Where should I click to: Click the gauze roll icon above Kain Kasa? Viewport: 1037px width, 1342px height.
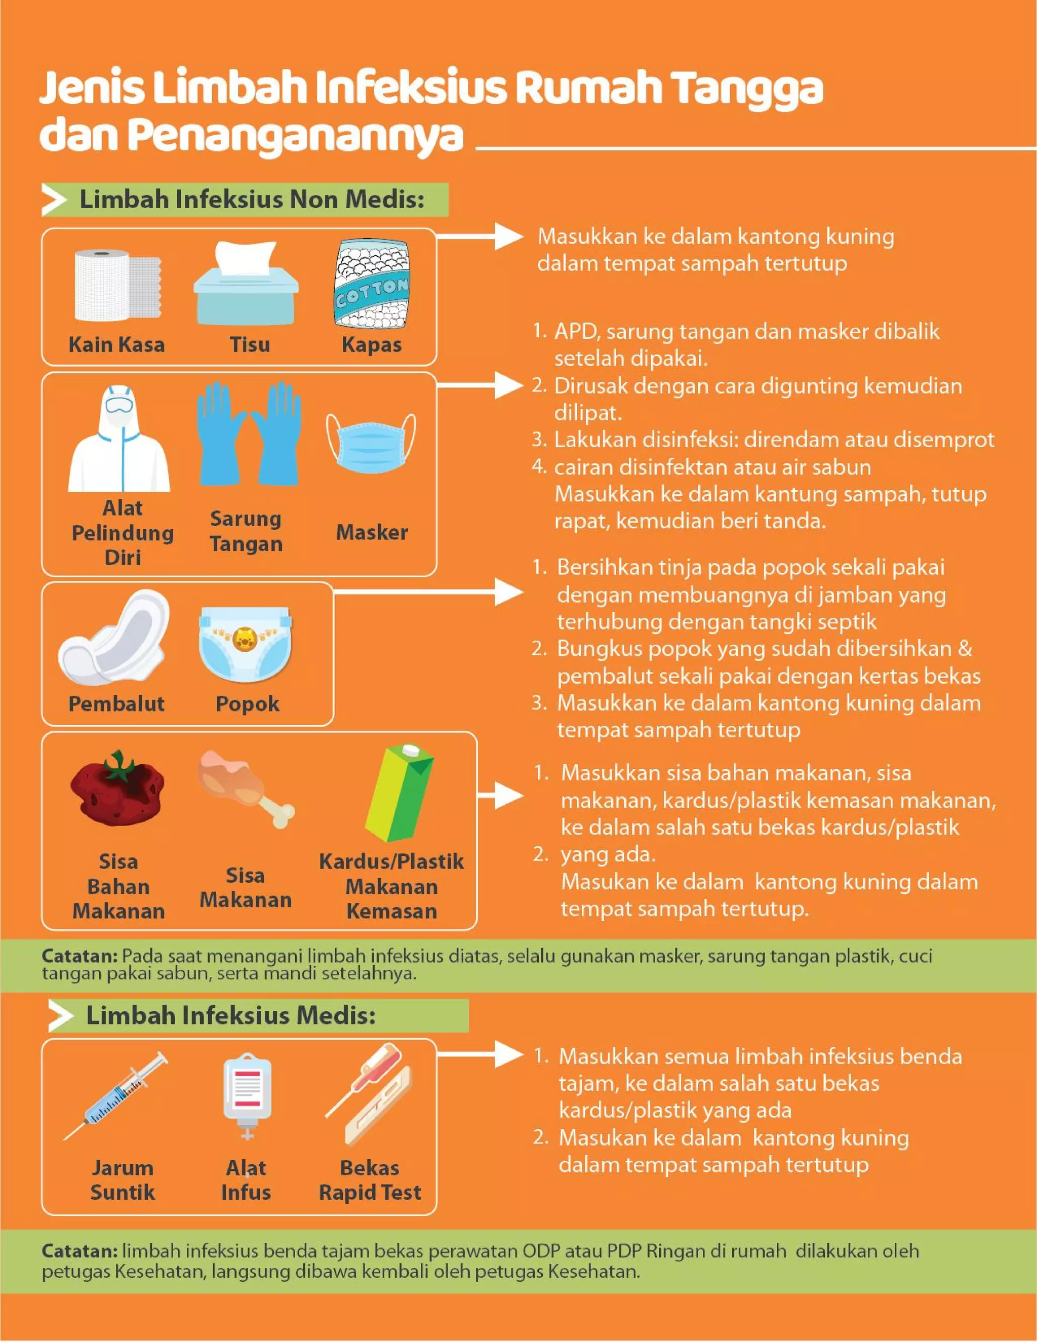coord(117,285)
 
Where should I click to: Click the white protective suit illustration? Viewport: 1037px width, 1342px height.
coord(119,438)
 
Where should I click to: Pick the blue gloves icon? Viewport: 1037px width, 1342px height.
coord(249,433)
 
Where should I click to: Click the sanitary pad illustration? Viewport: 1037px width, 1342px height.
coord(113,637)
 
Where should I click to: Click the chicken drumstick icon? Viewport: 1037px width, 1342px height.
coord(246,788)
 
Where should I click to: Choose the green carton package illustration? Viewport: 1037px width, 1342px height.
coord(400,793)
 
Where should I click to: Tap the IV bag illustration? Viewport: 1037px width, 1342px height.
coord(247,1095)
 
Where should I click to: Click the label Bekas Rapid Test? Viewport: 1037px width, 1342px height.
coord(370,1180)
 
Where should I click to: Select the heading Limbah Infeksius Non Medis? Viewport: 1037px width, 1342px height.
coord(252,200)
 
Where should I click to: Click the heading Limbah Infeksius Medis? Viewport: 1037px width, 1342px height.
coord(231,1016)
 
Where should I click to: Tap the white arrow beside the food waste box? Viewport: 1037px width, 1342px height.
coord(500,796)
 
